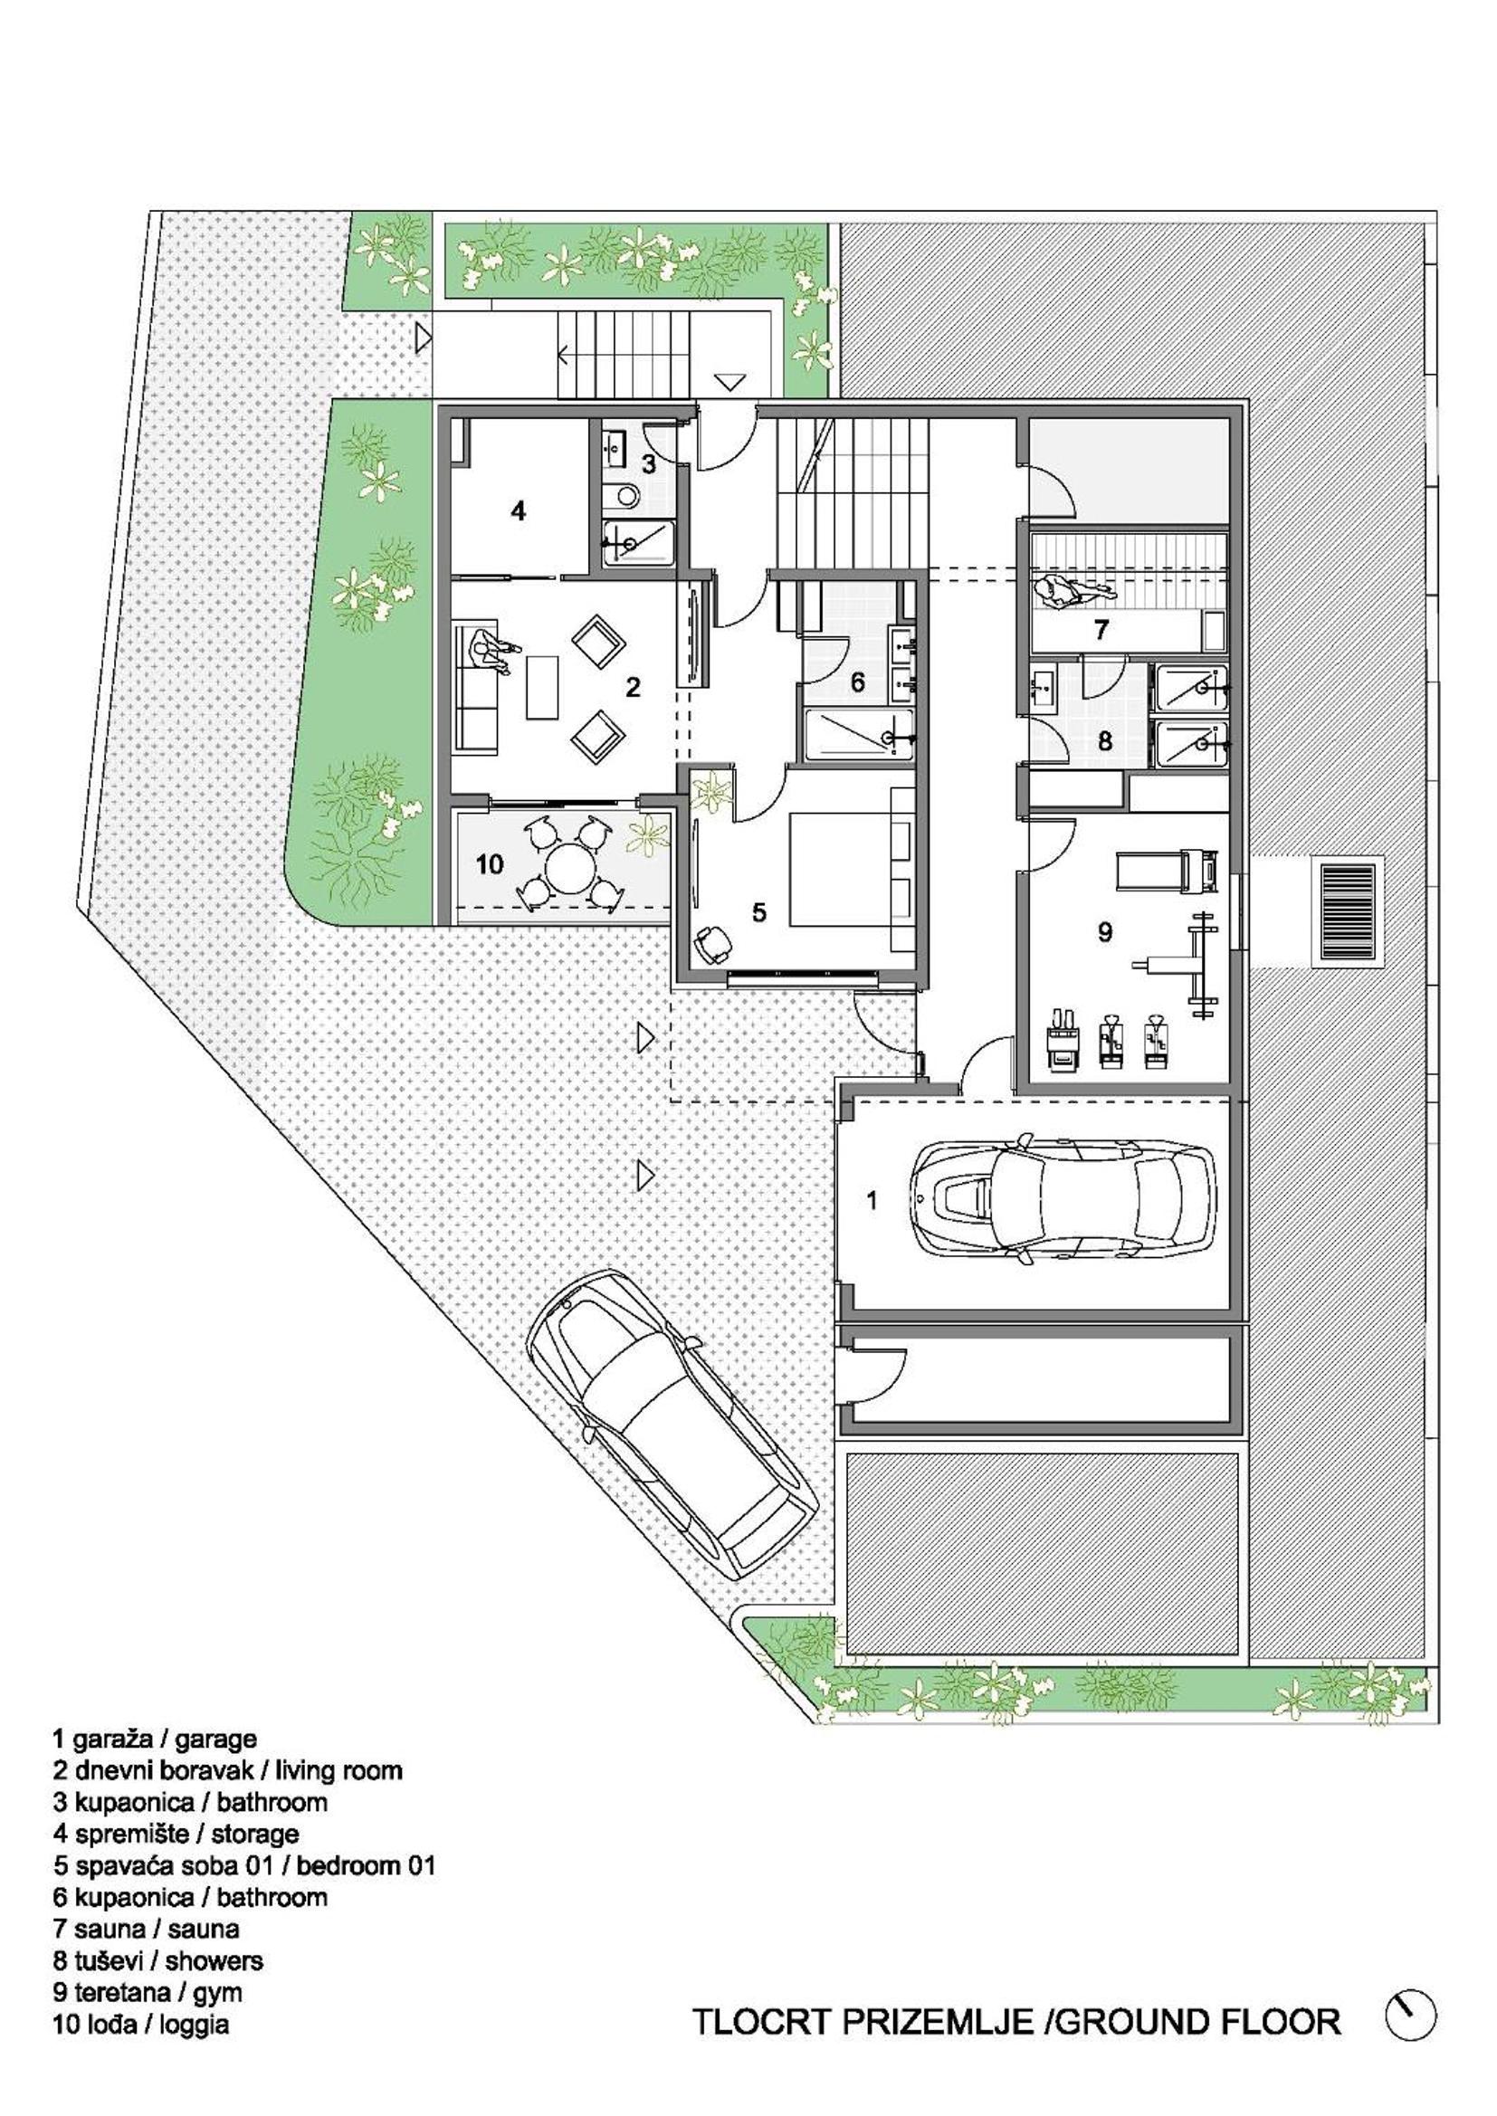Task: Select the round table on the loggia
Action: point(571,869)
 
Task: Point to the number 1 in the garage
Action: point(872,1200)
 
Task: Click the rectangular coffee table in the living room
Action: point(543,686)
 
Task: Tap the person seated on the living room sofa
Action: point(491,655)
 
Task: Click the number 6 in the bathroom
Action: point(857,683)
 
